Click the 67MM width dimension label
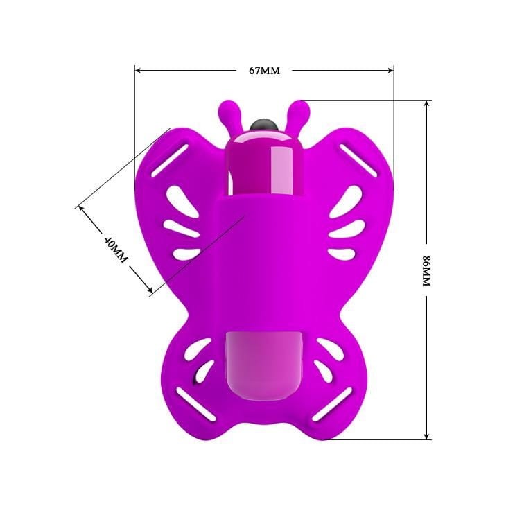pyautogui.click(x=264, y=70)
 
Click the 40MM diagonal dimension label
pyautogui.click(x=116, y=249)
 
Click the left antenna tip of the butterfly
pyautogui.click(x=227, y=108)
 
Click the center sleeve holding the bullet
pyautogui.click(x=264, y=263)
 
